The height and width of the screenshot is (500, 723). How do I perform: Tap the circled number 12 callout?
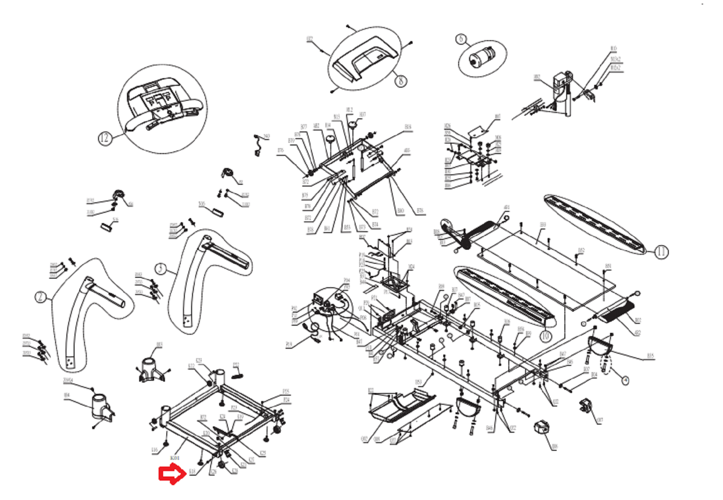(x=104, y=138)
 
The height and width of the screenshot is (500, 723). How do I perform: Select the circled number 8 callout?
(x=401, y=81)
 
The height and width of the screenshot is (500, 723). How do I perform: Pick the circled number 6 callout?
(x=461, y=39)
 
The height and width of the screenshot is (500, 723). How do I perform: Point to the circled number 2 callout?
(x=41, y=297)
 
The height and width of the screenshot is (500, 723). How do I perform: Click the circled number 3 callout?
(x=161, y=269)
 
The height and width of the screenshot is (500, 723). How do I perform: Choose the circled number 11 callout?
(x=662, y=252)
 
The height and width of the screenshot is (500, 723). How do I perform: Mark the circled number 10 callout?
(x=546, y=336)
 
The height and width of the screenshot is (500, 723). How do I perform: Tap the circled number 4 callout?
(x=625, y=380)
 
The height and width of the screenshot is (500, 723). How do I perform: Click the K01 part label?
(x=175, y=458)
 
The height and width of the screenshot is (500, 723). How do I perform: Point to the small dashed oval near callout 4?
(x=605, y=365)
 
